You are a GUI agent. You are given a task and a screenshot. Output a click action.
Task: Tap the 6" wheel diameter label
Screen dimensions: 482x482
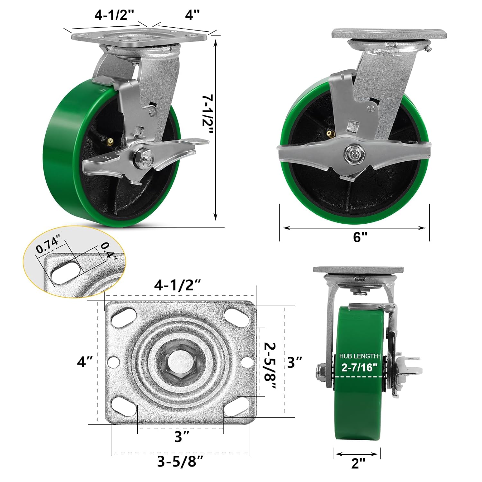[x=360, y=237]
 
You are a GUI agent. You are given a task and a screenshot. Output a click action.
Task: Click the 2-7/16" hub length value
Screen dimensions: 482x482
[x=359, y=367]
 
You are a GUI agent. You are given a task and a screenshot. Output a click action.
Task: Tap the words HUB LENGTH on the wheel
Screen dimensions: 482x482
[x=360, y=356]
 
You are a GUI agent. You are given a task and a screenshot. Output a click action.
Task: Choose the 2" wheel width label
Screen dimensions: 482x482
[x=358, y=463]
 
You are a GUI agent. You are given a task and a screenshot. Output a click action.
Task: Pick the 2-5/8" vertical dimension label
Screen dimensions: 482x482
[x=270, y=366]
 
